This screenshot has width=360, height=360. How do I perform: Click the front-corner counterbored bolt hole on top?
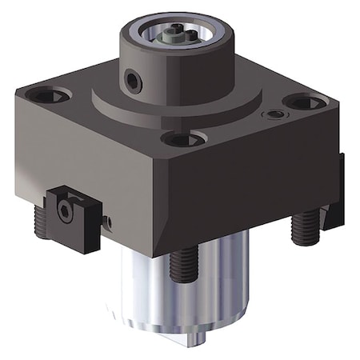tap(183, 138)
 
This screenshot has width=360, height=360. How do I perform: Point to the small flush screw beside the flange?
tap(275, 115)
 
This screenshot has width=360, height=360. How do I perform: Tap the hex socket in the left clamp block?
tap(66, 211)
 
